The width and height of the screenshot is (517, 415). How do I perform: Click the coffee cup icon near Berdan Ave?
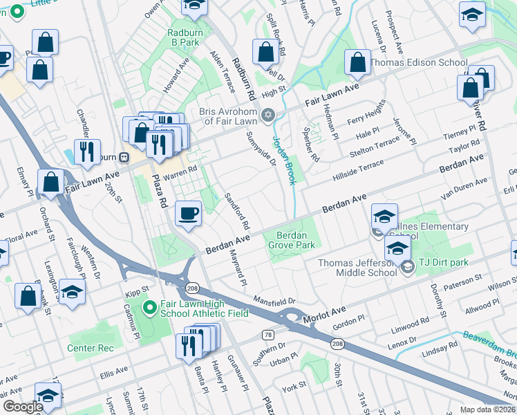[x=188, y=213]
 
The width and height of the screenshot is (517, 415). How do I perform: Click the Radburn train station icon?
[x=124, y=156]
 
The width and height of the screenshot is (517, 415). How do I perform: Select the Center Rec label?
[x=91, y=348]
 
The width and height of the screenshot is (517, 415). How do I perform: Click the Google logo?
[x=23, y=407]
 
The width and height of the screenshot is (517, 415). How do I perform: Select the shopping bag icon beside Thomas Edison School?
[x=358, y=63]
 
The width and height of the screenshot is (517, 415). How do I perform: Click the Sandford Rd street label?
[x=236, y=212]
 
